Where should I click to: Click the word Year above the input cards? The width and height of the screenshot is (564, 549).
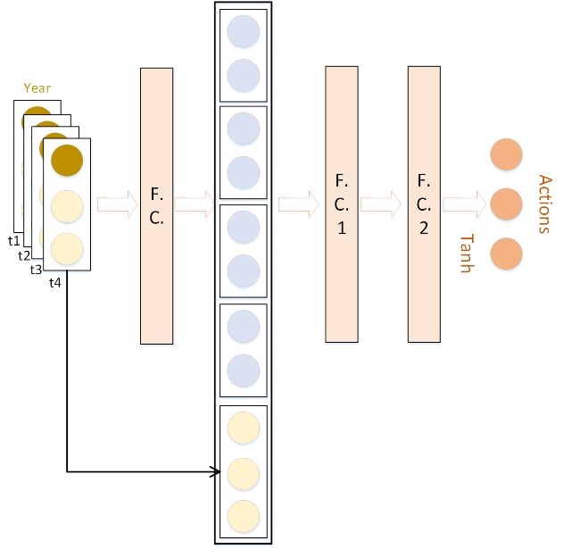click(x=37, y=88)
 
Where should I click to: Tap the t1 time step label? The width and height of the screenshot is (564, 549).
click(x=14, y=241)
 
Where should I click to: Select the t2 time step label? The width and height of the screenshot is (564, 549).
click(x=24, y=256)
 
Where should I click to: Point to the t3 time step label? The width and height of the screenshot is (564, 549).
click(x=36, y=270)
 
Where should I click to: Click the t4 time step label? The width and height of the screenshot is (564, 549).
click(x=55, y=283)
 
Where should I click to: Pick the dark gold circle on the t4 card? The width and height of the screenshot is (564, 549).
click(x=67, y=160)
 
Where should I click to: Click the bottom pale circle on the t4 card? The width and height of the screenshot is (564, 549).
click(x=67, y=248)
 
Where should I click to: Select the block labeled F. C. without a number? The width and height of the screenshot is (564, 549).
click(x=156, y=206)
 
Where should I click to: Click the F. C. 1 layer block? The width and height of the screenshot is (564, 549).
click(x=342, y=204)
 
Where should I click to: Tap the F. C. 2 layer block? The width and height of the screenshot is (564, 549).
click(x=424, y=204)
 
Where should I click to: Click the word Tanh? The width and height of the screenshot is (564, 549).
click(x=468, y=254)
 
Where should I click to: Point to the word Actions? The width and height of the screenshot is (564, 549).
click(x=544, y=204)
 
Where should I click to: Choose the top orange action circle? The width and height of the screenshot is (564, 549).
click(x=506, y=154)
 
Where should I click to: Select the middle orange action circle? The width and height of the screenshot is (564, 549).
click(x=506, y=204)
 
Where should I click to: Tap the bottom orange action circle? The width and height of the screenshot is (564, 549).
click(x=506, y=254)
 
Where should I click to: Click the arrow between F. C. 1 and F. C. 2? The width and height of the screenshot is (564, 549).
click(x=380, y=204)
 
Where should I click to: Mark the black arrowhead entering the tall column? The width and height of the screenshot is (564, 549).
click(x=216, y=471)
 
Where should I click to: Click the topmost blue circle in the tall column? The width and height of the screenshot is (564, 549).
click(x=243, y=31)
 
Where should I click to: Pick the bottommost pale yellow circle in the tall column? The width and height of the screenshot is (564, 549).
click(x=243, y=516)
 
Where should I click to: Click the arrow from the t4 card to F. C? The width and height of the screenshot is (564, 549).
click(x=117, y=204)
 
